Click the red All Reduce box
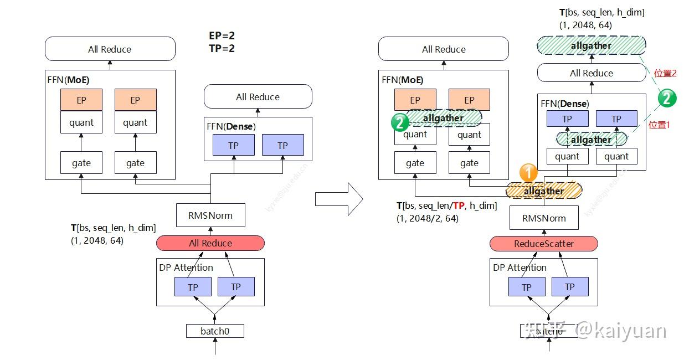210,243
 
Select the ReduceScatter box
544,244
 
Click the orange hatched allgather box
544,191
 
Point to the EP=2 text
222,36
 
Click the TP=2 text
222,49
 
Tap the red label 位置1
659,125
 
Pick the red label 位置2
665,73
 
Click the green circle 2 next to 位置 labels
667,99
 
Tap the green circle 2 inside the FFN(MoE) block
399,122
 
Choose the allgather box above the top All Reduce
591,45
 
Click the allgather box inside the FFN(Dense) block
591,140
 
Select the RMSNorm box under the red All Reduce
210,215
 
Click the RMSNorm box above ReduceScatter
544,218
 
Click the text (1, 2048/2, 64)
427,218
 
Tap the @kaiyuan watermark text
620,331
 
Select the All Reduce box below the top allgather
591,73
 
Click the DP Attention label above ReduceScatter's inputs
519,268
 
